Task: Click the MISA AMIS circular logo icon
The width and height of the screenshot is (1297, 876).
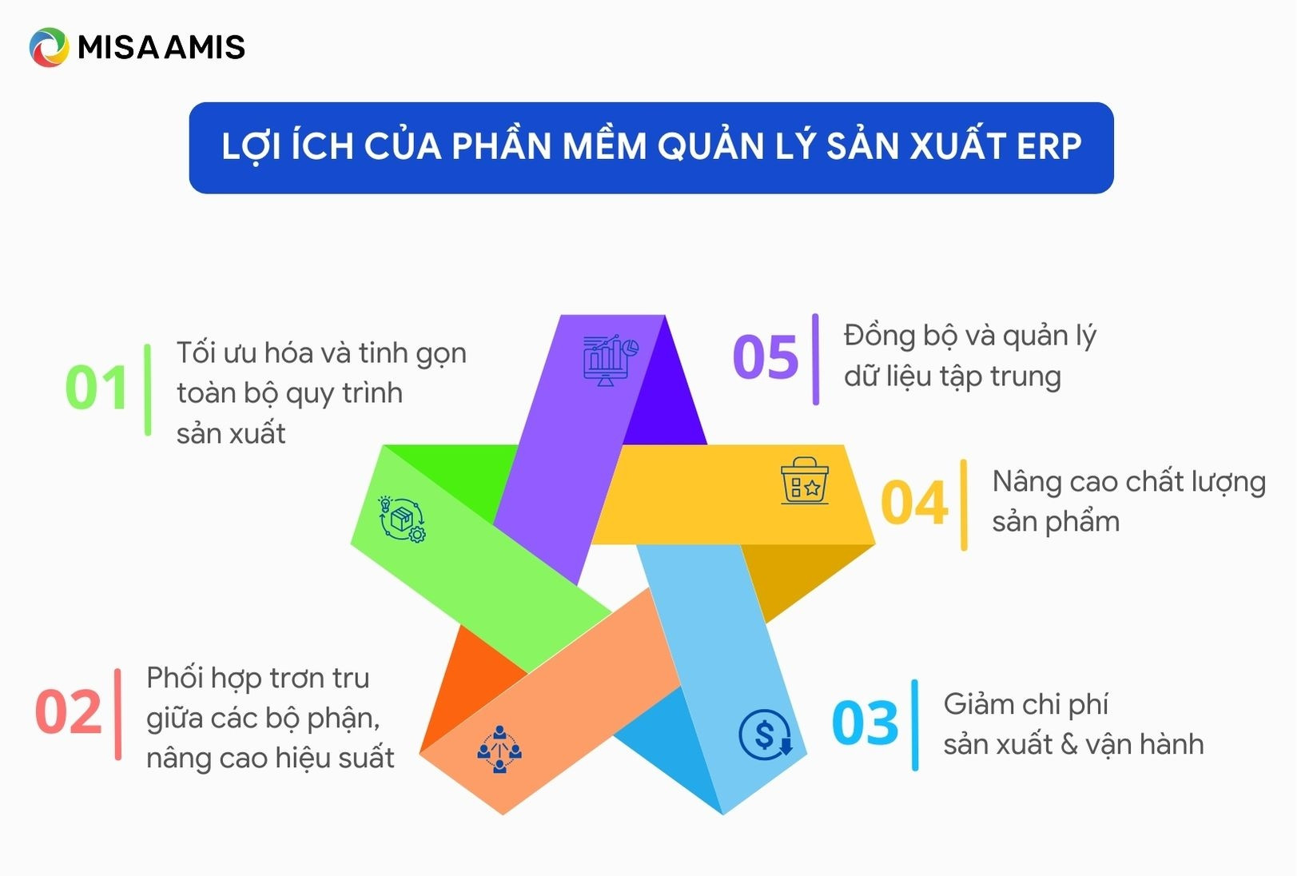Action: [49, 47]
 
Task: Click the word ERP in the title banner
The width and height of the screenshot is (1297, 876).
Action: [1049, 147]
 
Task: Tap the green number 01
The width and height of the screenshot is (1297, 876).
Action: [97, 388]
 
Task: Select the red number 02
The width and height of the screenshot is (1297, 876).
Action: [69, 712]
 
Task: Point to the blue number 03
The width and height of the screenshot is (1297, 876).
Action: [865, 723]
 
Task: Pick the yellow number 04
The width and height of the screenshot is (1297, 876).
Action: [914, 504]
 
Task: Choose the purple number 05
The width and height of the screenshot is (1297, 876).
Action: [766, 357]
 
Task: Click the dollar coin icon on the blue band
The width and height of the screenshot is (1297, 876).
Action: [765, 734]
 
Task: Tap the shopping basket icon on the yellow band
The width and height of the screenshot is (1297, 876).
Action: [805, 481]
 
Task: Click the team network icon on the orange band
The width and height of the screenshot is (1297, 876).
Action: [499, 749]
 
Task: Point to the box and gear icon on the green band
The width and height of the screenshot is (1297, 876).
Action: [401, 520]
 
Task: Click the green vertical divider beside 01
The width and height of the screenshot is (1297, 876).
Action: [148, 390]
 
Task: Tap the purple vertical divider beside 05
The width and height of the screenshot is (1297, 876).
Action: [815, 359]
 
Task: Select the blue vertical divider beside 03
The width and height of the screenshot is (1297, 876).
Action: [915, 725]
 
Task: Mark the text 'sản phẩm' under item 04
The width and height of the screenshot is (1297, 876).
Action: [1056, 522]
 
